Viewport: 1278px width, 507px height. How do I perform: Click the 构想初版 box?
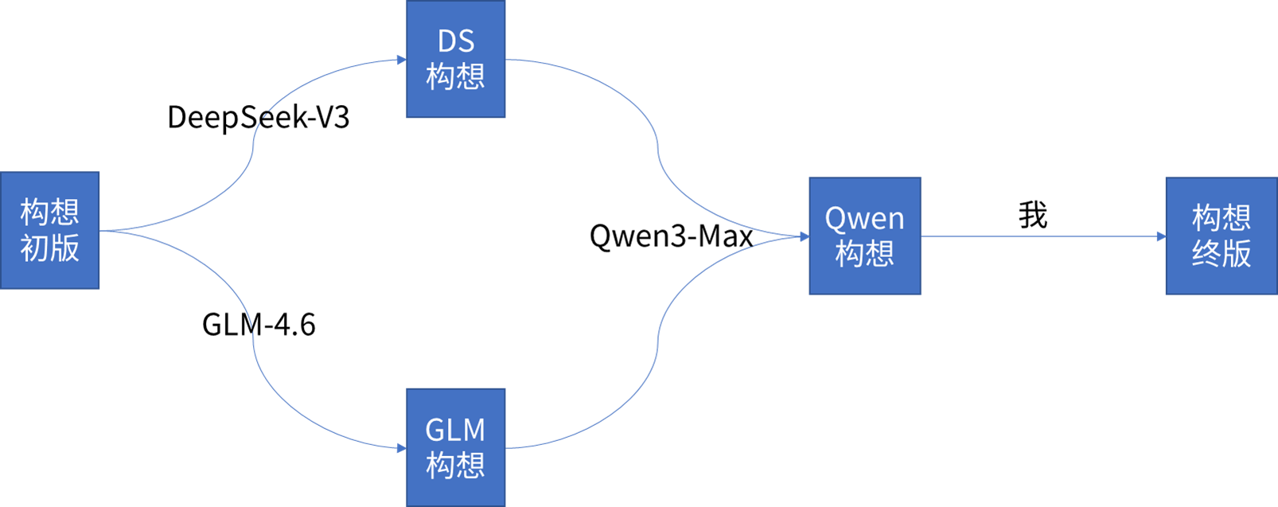[49, 230]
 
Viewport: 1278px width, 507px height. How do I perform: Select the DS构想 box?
[455, 60]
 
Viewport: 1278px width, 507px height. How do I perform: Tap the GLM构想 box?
[455, 447]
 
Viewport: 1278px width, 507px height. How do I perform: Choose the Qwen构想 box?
[864, 236]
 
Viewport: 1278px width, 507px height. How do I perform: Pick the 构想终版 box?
[1221, 236]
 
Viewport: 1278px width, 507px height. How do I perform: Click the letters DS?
[455, 41]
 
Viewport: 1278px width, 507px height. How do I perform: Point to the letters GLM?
[455, 430]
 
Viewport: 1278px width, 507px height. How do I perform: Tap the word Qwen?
[864, 218]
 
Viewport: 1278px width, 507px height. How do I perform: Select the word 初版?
[49, 248]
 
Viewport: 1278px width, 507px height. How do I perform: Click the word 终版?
[1221, 254]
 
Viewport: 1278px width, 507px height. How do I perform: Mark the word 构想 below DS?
[455, 77]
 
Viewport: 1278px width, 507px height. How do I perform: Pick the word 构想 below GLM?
[455, 465]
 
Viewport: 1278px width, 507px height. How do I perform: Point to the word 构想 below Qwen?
[864, 254]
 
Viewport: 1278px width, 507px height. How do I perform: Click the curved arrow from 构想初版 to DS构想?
[253, 143]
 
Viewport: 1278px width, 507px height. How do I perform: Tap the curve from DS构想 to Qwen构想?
[657, 147]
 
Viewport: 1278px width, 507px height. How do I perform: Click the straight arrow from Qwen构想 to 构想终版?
[1042, 236]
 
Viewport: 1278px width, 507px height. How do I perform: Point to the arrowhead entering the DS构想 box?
[401, 60]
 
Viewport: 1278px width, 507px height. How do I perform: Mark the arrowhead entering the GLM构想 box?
[401, 448]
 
